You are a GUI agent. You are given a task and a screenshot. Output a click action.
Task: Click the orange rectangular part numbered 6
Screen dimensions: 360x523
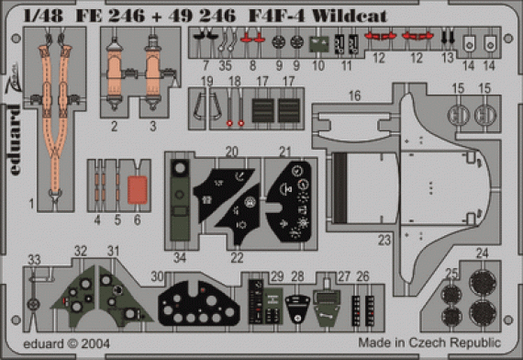point(136,188)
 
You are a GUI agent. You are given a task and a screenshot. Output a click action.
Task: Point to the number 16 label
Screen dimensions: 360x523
point(353,95)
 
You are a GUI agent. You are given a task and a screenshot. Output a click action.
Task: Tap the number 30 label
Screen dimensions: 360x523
point(157,276)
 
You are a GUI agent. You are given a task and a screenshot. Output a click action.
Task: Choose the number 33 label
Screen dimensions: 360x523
point(34,258)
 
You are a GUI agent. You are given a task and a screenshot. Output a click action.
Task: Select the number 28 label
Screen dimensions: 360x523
point(297,276)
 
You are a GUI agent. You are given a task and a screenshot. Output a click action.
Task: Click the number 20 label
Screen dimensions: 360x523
point(232,151)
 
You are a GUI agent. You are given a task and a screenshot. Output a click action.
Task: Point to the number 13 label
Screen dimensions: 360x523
point(448,56)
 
